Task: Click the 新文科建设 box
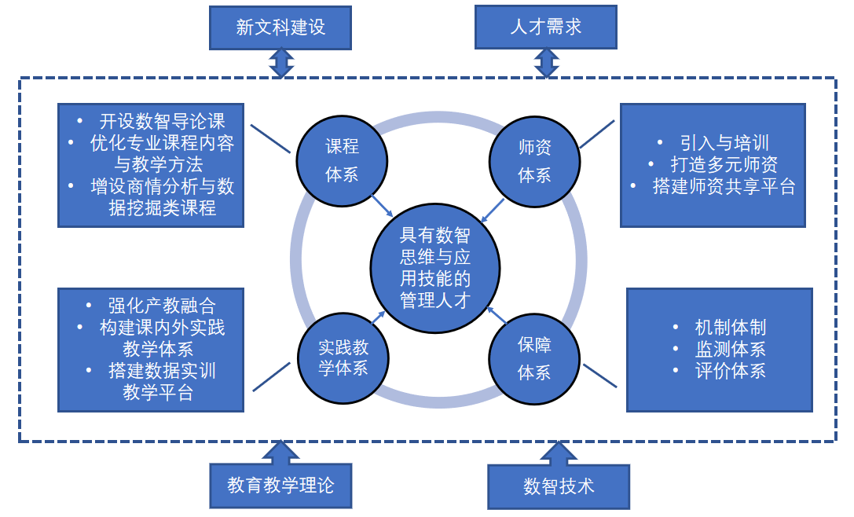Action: click(x=280, y=27)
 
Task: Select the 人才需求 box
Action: click(x=546, y=27)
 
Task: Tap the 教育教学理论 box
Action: click(x=280, y=485)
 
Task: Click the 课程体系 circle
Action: click(x=342, y=160)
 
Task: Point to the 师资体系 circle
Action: click(x=534, y=160)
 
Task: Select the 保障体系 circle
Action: click(x=534, y=359)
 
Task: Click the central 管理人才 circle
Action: click(x=434, y=267)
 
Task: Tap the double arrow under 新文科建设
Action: click(x=281, y=63)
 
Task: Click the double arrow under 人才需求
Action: click(x=546, y=63)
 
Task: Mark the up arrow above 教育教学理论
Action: click(x=280, y=453)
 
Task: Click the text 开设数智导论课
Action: click(x=162, y=122)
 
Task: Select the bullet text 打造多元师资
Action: click(x=724, y=164)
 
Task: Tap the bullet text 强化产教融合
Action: click(x=162, y=306)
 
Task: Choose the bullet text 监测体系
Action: click(x=730, y=349)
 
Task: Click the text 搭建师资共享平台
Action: click(x=724, y=186)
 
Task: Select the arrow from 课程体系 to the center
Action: click(x=382, y=206)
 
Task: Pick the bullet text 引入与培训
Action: click(x=724, y=143)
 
